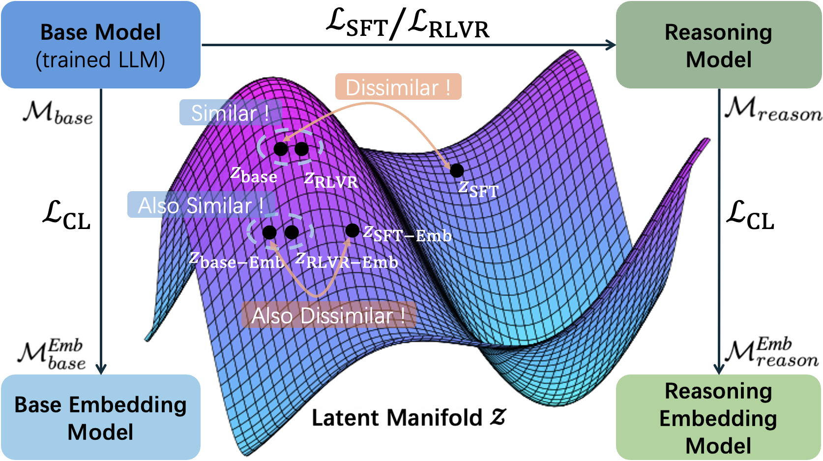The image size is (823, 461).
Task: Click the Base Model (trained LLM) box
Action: point(101,45)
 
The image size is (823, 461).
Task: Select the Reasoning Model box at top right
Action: point(718,45)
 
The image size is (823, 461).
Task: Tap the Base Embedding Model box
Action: point(101,417)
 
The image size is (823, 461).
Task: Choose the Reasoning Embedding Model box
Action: point(718,417)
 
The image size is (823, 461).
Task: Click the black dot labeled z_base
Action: point(281,148)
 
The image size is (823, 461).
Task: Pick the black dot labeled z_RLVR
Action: point(301,148)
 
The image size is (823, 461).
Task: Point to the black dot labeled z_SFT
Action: point(457,171)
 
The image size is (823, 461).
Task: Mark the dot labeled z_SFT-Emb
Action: point(352,230)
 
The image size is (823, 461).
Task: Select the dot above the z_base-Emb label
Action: point(269,232)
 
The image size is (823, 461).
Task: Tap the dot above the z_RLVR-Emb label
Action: point(292,232)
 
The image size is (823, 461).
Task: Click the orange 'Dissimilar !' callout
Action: point(398,87)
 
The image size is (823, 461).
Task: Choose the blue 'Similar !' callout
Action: point(230,113)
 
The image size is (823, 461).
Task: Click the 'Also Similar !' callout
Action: point(201,205)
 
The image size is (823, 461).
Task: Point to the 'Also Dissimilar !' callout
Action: point(328,315)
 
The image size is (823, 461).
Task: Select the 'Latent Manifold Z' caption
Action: point(408,418)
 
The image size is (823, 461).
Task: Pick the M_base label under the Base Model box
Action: point(58,112)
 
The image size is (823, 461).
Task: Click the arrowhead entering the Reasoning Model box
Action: point(611,45)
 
